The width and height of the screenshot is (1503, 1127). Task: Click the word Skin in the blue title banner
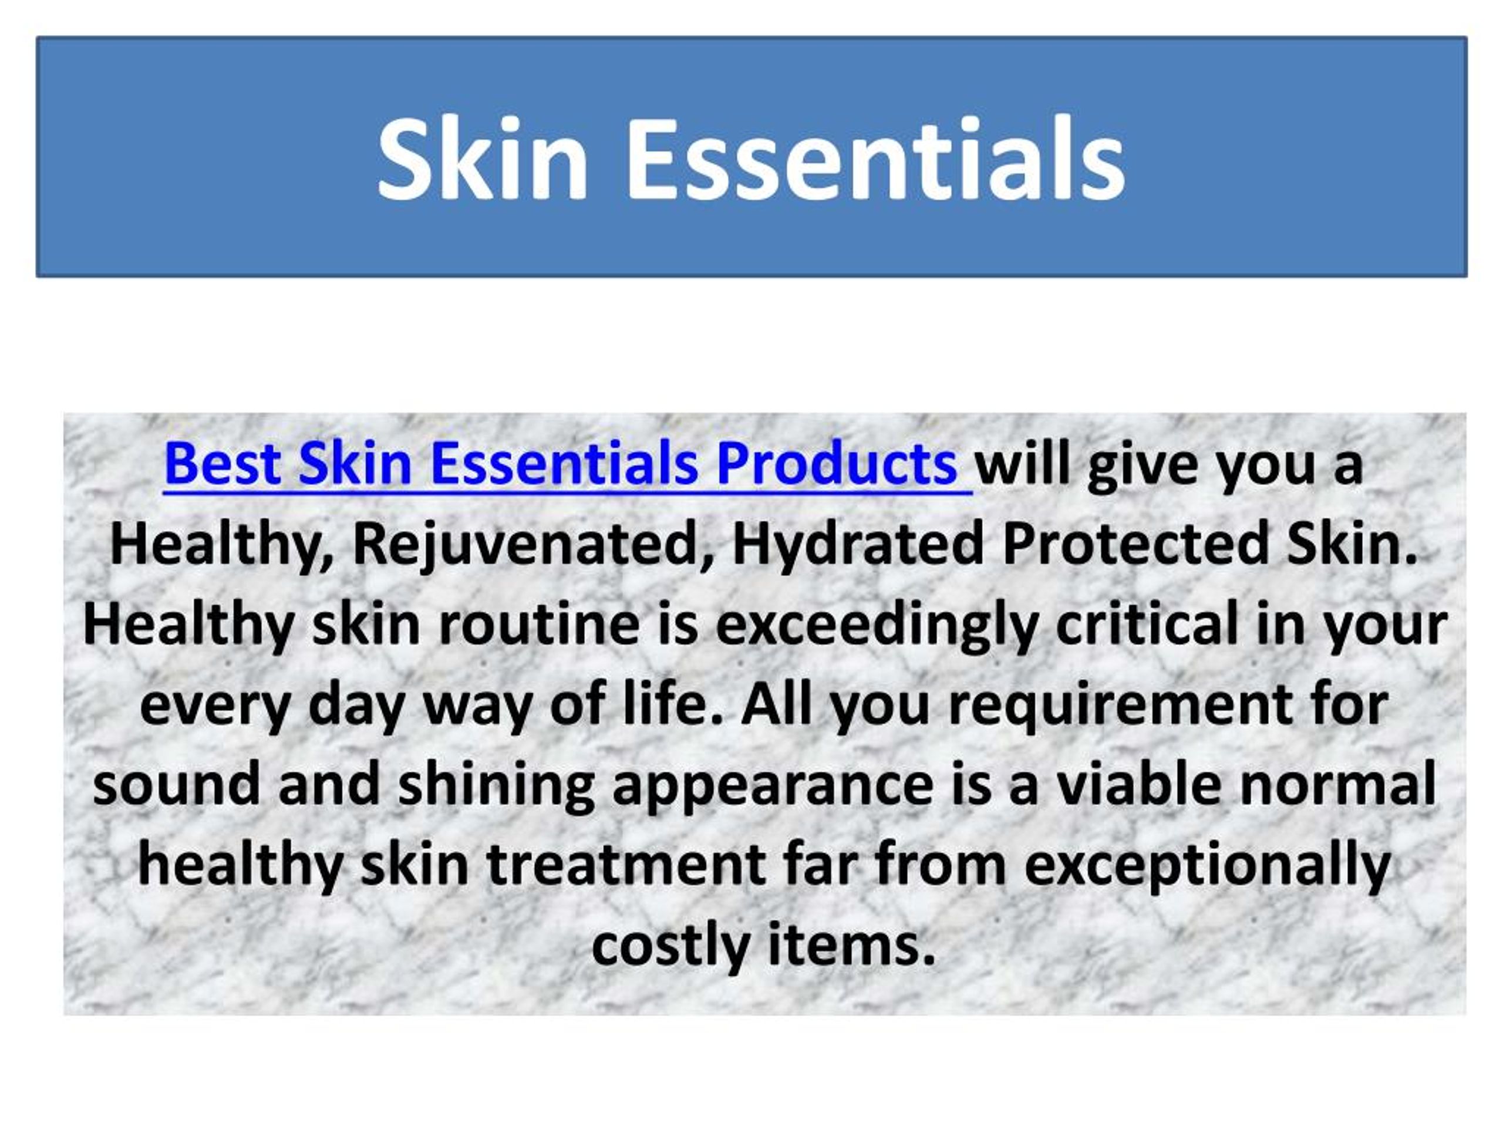tap(483, 160)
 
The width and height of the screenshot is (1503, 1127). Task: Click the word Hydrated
tap(858, 544)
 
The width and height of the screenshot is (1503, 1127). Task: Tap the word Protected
tap(1135, 544)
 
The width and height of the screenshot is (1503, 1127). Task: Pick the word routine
tap(540, 625)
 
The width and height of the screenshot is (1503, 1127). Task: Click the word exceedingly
tap(877, 626)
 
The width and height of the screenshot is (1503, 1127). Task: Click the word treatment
tap(626, 865)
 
